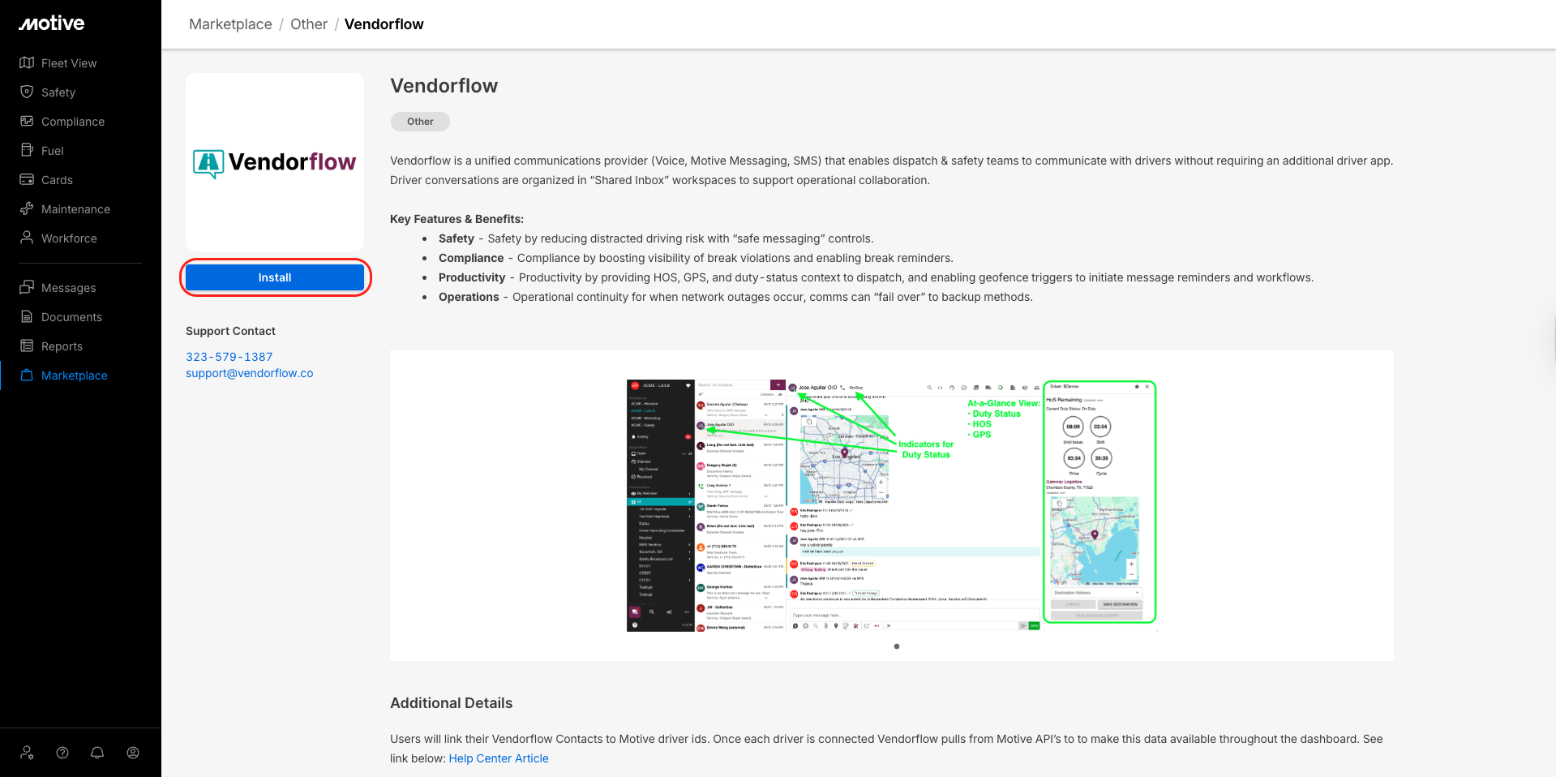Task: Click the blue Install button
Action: pyautogui.click(x=275, y=277)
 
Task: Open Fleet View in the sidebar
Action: pyautogui.click(x=68, y=63)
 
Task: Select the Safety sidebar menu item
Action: pyautogui.click(x=58, y=92)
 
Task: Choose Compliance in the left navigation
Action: pyautogui.click(x=72, y=122)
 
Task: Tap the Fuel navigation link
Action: pyautogui.click(x=52, y=151)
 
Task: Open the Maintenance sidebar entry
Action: pyautogui.click(x=75, y=209)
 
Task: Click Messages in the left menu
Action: pyautogui.click(x=68, y=288)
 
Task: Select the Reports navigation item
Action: pyautogui.click(x=62, y=346)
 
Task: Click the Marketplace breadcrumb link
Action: pyautogui.click(x=230, y=24)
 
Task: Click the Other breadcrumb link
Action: pyautogui.click(x=309, y=24)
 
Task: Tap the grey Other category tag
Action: pyautogui.click(x=420, y=122)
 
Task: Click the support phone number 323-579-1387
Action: pyautogui.click(x=229, y=357)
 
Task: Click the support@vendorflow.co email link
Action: pyautogui.click(x=249, y=373)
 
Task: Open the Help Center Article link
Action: pyautogui.click(x=499, y=758)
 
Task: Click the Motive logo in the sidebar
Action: pyautogui.click(x=52, y=24)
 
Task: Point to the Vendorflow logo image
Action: pyautogui.click(x=275, y=162)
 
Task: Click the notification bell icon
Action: pyautogui.click(x=97, y=753)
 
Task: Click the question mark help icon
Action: pyautogui.click(x=62, y=753)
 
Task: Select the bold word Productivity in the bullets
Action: pyautogui.click(x=472, y=277)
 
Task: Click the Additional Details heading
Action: pyautogui.click(x=451, y=703)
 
